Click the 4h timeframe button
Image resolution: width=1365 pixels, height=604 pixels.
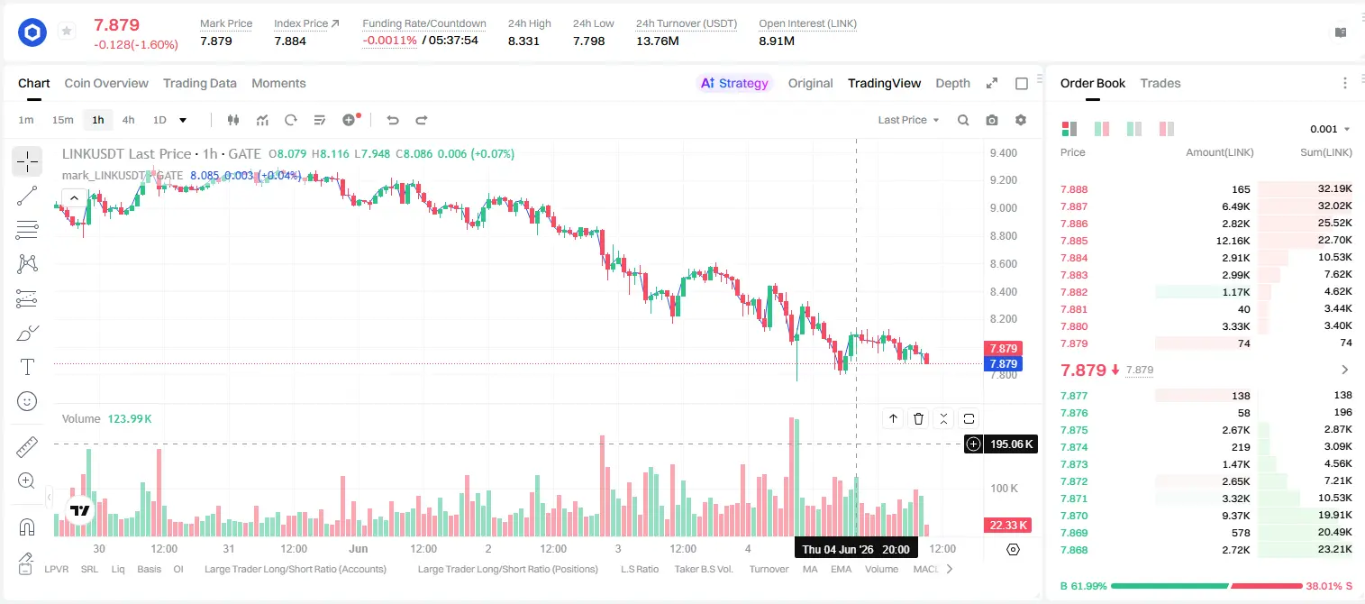[128, 120]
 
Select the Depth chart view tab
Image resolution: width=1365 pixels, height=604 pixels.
[952, 84]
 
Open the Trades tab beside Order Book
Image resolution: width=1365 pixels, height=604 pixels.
[1160, 84]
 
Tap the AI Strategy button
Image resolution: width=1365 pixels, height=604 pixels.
[734, 84]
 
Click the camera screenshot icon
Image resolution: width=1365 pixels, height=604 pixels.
[992, 120]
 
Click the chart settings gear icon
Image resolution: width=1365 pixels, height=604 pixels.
[1021, 120]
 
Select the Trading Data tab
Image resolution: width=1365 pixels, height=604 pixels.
[200, 84]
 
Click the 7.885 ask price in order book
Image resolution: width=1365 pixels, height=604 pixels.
[1074, 241]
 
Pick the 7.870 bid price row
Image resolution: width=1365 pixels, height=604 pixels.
[1074, 516]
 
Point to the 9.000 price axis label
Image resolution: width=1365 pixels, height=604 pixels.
[1004, 208]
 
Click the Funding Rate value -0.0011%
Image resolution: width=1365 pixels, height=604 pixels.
[390, 41]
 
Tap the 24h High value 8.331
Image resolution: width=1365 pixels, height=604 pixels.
[523, 41]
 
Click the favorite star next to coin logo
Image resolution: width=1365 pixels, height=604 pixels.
[67, 31]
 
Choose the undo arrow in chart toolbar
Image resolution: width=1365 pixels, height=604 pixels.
[393, 120]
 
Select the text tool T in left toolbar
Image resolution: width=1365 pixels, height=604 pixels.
[27, 367]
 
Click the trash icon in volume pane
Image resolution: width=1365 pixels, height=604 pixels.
[918, 418]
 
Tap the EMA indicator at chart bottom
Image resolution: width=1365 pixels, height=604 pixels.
[841, 569]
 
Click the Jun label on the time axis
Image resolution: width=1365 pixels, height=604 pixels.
[359, 548]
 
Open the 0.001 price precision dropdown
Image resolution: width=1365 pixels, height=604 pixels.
[1330, 129]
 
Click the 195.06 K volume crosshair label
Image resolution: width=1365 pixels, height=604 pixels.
[1011, 444]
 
